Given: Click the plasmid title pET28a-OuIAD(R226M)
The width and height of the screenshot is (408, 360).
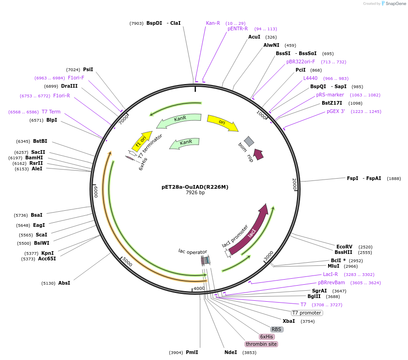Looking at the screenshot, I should point(195,187).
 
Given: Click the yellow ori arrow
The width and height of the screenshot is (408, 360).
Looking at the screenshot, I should point(223,123).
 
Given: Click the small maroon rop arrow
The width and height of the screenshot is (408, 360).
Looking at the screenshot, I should point(259,154).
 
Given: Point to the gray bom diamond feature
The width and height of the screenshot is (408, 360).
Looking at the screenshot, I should point(249,141).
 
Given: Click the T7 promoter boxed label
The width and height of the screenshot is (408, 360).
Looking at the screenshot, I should point(307,313).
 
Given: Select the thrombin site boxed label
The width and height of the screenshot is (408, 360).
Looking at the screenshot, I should point(261,344).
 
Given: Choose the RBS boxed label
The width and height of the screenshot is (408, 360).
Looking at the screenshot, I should point(276,329).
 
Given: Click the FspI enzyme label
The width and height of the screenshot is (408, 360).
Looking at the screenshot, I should point(352,178).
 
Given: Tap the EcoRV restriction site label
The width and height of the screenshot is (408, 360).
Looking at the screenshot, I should point(344,247).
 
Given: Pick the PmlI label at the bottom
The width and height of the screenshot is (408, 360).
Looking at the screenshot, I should point(192,352).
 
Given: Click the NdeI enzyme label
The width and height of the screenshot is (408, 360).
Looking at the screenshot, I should point(230,352).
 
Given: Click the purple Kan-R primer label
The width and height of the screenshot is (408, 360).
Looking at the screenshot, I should point(213,23).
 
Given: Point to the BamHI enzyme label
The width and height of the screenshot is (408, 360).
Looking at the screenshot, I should point(34,157).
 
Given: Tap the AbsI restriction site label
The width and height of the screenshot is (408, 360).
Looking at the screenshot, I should point(64,283).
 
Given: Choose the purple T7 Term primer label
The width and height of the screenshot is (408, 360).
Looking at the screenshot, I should point(51,112).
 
